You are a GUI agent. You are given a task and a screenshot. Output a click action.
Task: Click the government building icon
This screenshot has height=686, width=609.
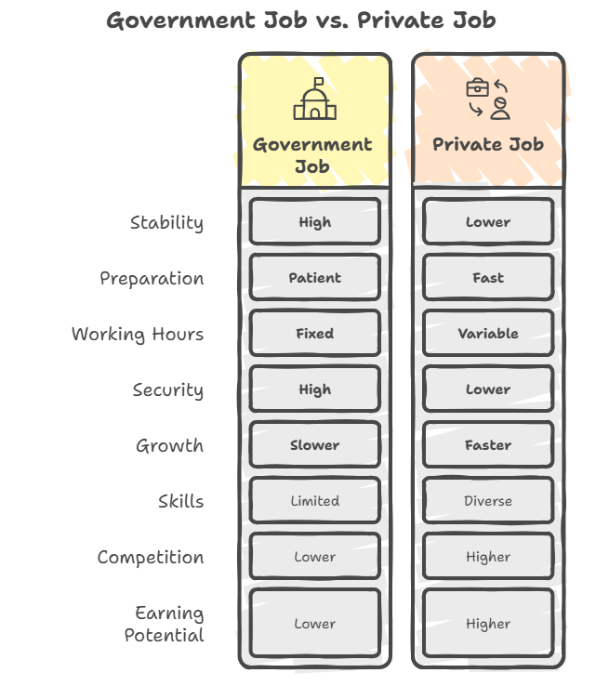(314, 99)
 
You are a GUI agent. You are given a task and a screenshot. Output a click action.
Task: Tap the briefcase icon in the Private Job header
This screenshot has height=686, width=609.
(477, 87)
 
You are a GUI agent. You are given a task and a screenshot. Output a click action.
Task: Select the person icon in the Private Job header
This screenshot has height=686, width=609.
(500, 109)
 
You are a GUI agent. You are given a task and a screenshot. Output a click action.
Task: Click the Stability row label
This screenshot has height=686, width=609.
(166, 223)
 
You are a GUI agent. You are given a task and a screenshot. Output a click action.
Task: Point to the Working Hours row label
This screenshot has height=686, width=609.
(138, 335)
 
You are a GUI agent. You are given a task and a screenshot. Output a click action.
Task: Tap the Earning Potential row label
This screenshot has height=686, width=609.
(164, 624)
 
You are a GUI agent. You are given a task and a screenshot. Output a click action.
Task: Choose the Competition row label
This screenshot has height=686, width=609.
(151, 558)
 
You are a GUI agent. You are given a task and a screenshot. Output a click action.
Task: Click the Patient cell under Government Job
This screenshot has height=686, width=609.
(314, 277)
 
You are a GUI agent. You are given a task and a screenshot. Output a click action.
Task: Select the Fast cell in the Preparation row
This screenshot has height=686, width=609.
(488, 277)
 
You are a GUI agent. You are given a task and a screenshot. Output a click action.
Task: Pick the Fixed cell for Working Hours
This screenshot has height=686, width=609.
(314, 333)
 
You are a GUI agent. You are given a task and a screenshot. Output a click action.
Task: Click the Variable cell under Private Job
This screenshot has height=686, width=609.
(488, 333)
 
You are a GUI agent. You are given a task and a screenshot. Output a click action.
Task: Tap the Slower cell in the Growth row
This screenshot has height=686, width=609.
(314, 444)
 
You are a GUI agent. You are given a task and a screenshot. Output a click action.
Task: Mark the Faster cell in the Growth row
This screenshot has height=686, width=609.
(488, 444)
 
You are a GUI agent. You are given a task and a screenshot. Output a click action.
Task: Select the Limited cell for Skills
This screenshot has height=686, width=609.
(314, 500)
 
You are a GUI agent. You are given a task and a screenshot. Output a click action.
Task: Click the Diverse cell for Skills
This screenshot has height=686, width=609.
(488, 500)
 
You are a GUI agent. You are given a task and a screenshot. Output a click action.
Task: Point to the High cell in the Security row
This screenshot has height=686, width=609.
(314, 389)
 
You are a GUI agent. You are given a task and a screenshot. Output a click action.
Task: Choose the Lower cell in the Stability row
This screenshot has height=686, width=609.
(488, 221)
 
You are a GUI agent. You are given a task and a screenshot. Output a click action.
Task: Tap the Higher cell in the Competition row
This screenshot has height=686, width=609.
(488, 557)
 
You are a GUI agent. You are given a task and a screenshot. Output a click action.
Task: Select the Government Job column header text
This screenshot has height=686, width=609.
(312, 155)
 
